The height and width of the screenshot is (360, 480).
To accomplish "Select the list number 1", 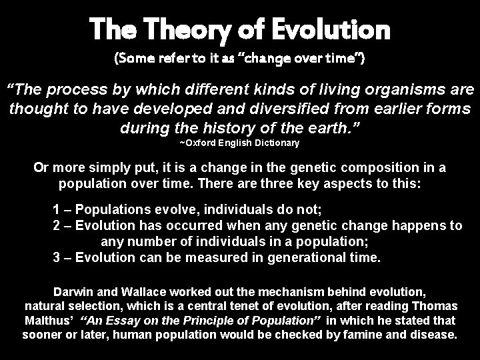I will pos(56,209).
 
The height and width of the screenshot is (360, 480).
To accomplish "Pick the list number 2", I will pos(56,226).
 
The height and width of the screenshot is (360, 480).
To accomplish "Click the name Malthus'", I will pos(48,321).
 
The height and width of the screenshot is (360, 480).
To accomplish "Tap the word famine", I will pos(358,335).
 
